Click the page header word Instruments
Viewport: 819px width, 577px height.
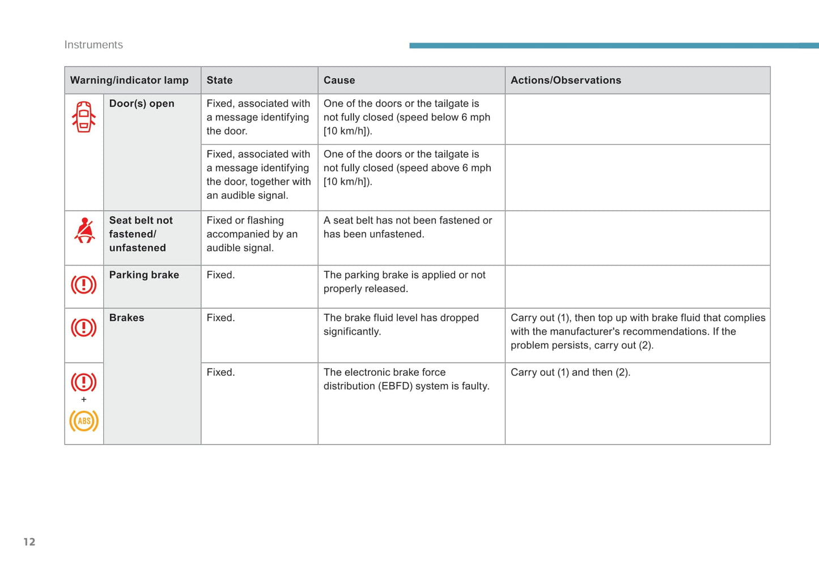pyautogui.click(x=94, y=45)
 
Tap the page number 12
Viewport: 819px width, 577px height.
pyautogui.click(x=29, y=542)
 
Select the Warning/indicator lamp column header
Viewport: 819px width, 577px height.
pyautogui.click(x=129, y=80)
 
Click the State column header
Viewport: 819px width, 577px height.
pyautogui.click(x=219, y=80)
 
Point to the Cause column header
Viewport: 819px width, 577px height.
pyautogui.click(x=339, y=80)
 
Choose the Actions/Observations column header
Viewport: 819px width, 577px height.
pyautogui.click(x=566, y=80)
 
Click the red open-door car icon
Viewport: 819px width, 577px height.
pyautogui.click(x=84, y=117)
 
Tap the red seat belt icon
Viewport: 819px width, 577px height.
pyautogui.click(x=84, y=230)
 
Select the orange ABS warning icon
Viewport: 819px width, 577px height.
pyautogui.click(x=84, y=421)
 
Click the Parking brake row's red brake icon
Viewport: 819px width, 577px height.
pyautogui.click(x=84, y=284)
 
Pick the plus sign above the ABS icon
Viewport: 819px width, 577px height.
pyautogui.click(x=84, y=400)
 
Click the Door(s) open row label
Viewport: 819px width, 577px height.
pyautogui.click(x=142, y=104)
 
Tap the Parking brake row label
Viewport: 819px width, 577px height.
pyautogui.click(x=144, y=275)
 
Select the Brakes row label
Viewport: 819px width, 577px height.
pyautogui.click(x=126, y=318)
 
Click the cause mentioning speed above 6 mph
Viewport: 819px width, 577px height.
pyautogui.click(x=407, y=168)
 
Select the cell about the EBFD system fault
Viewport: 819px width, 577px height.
pyautogui.click(x=406, y=379)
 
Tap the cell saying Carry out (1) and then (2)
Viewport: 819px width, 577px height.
pyautogui.click(x=570, y=373)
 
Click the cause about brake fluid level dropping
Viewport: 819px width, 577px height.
pyautogui.click(x=401, y=324)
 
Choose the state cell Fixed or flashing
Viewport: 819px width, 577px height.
pyautogui.click(x=252, y=234)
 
